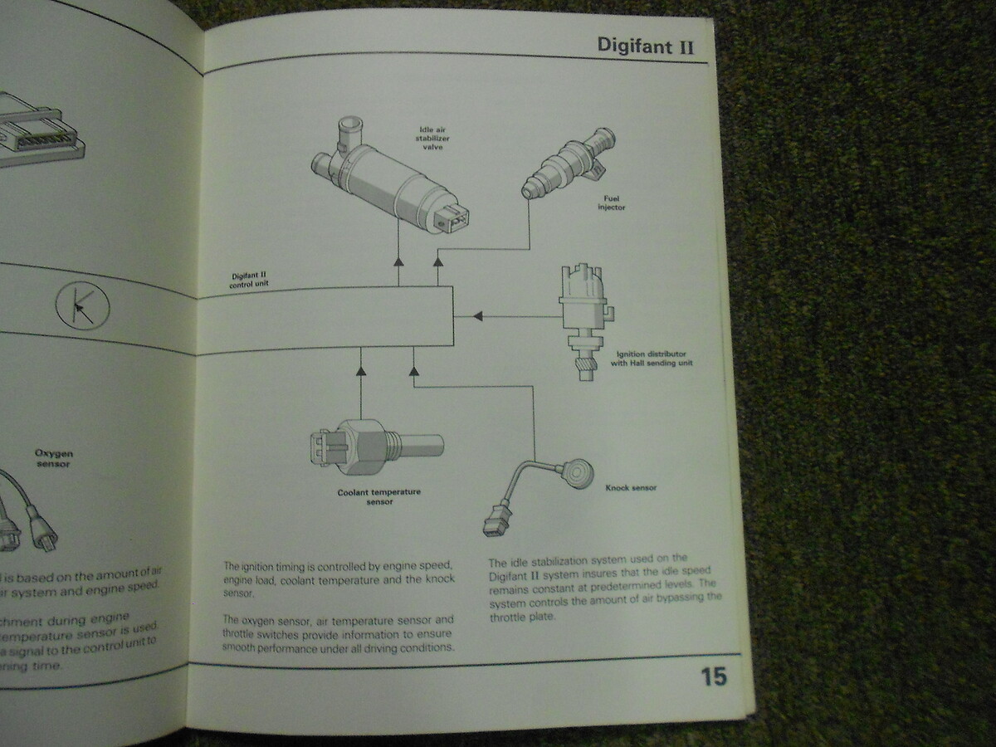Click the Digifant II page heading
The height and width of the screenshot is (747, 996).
[645, 44]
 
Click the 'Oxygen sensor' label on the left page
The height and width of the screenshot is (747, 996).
[52, 459]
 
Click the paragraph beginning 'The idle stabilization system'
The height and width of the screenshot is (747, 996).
[604, 588]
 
